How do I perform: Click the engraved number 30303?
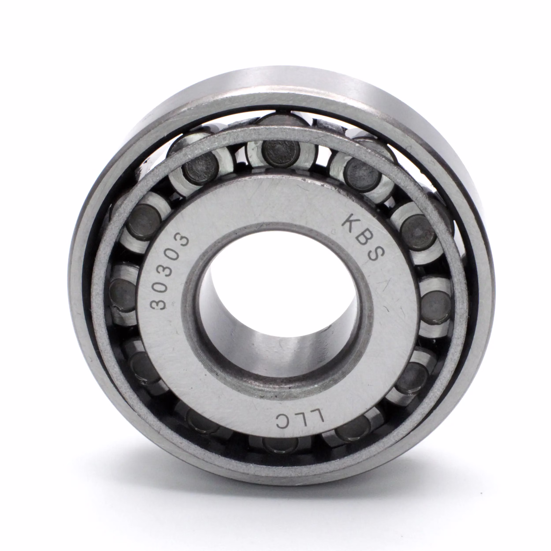tap(169, 271)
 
